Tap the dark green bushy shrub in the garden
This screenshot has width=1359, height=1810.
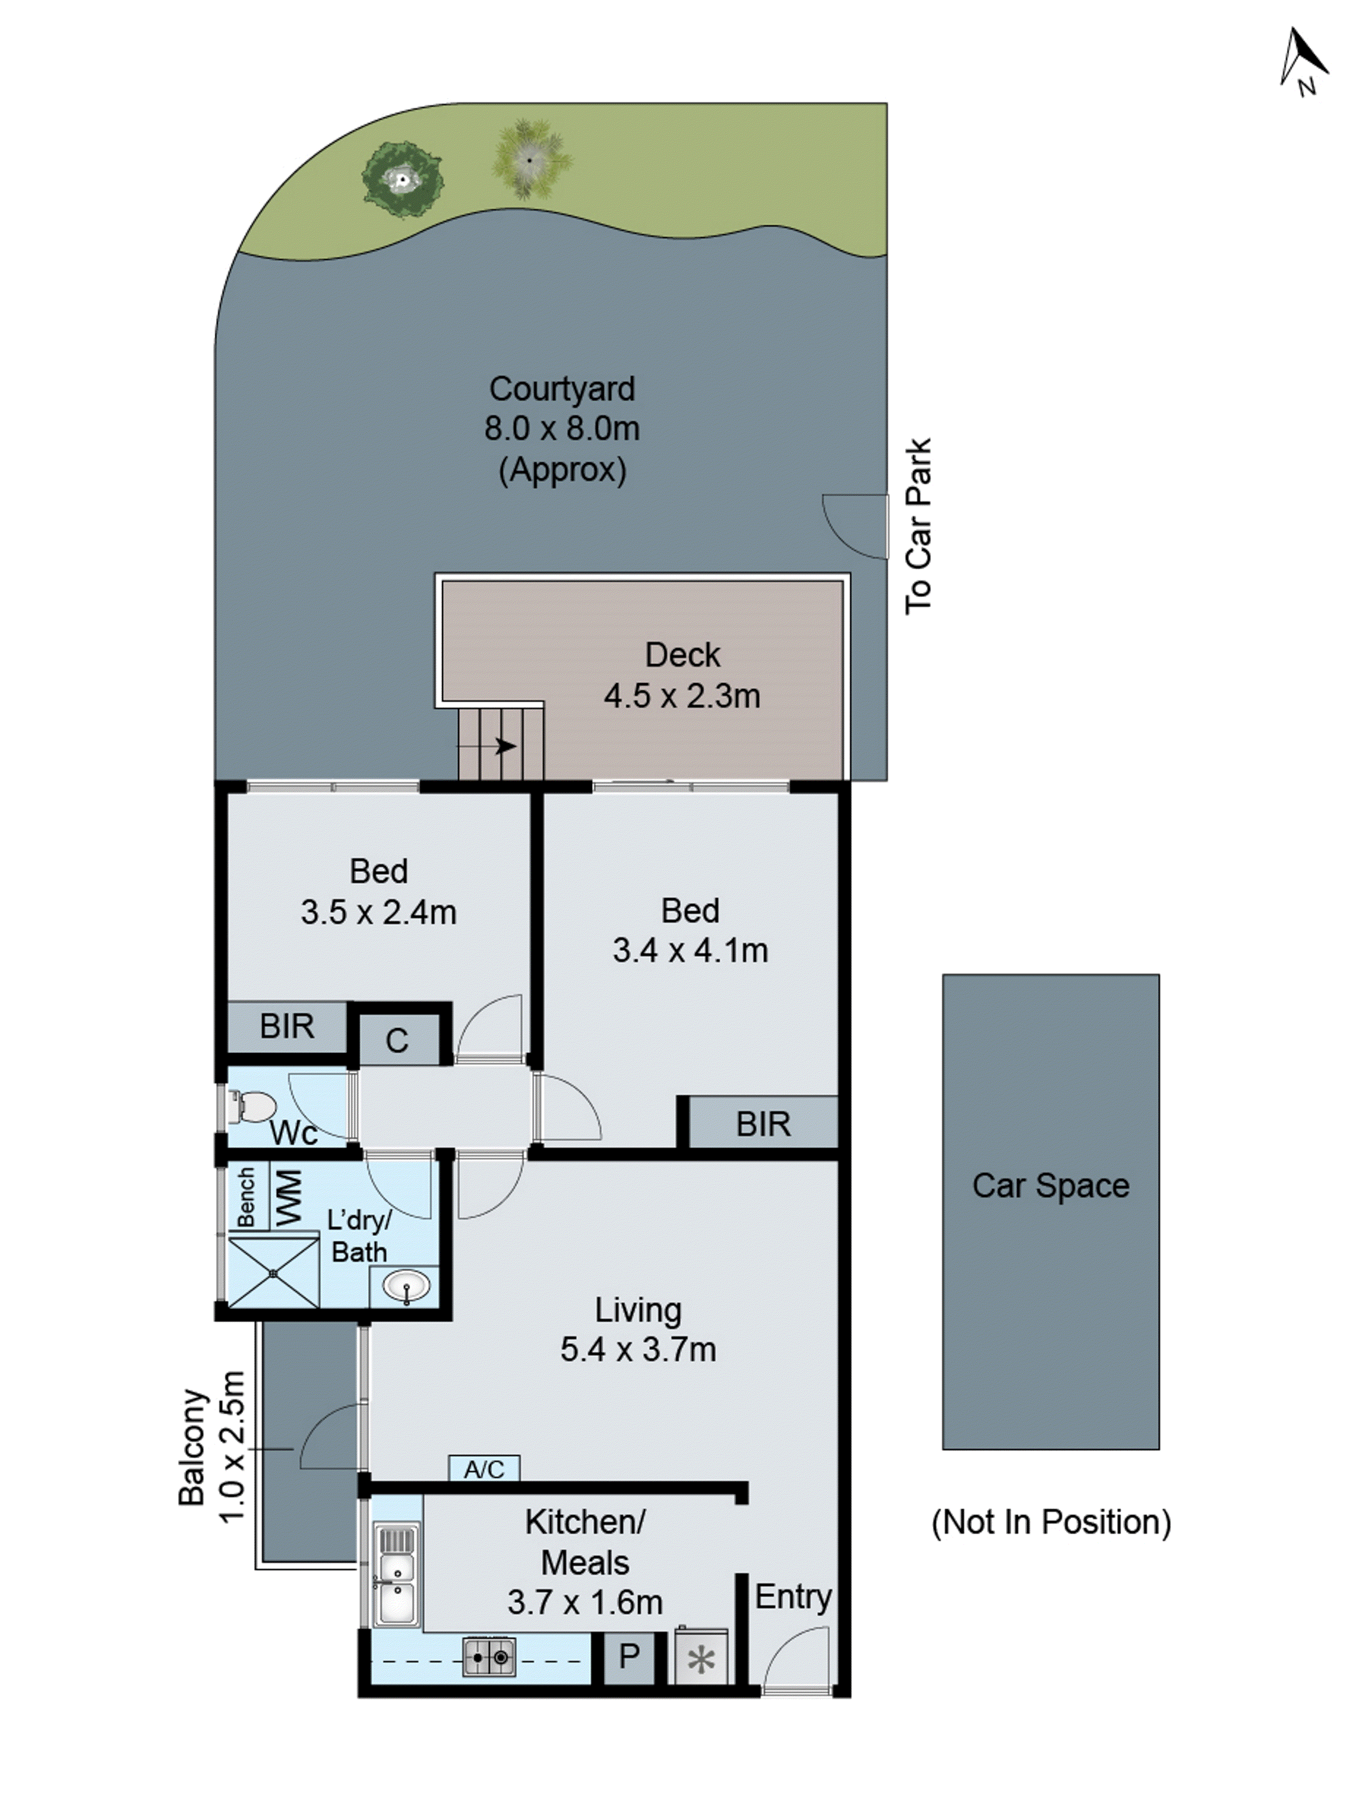tap(403, 180)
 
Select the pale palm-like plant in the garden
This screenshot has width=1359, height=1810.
tap(530, 159)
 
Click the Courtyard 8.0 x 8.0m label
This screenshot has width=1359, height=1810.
tap(562, 429)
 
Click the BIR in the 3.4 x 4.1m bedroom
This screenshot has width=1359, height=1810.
tap(763, 1124)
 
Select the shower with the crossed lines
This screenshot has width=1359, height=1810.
tap(274, 1273)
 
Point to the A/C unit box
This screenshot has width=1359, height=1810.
tap(484, 1469)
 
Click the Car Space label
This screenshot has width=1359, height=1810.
tap(1051, 1186)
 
